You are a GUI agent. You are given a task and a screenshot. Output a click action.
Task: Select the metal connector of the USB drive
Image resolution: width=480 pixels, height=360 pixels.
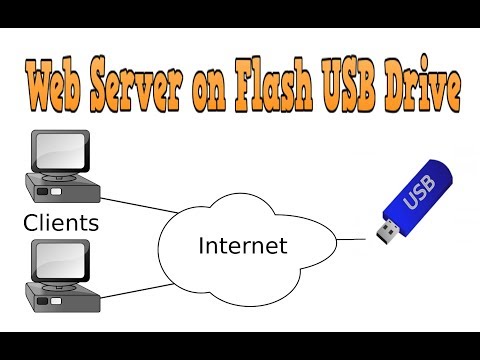tap(384, 234)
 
